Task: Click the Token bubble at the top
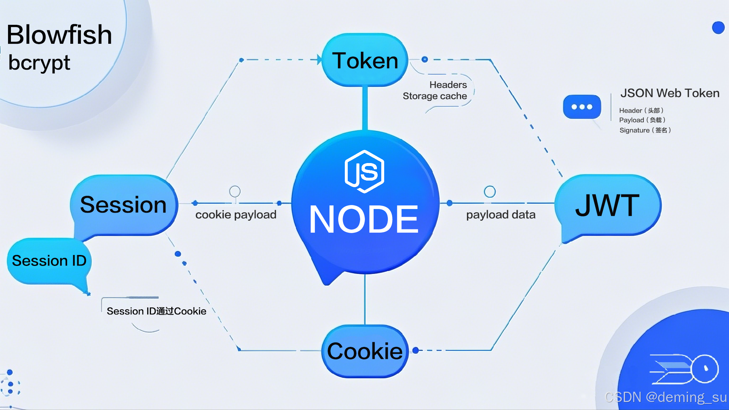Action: pyautogui.click(x=365, y=60)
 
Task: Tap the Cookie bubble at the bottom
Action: pyautogui.click(x=365, y=351)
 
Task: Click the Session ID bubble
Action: pyautogui.click(x=49, y=261)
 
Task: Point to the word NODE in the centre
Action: pyautogui.click(x=364, y=219)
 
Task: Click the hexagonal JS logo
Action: pyautogui.click(x=364, y=171)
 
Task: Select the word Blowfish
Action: pyautogui.click(x=59, y=35)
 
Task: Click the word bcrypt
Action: pyautogui.click(x=39, y=63)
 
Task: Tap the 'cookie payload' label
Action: pyautogui.click(x=236, y=215)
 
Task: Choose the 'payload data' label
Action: pyautogui.click(x=501, y=215)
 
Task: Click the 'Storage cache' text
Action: pyautogui.click(x=434, y=96)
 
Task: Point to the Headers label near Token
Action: pyautogui.click(x=448, y=85)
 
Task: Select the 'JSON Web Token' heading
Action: pyautogui.click(x=670, y=93)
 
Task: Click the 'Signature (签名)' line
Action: pyautogui.click(x=645, y=130)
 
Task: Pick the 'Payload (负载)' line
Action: pyautogui.click(x=642, y=120)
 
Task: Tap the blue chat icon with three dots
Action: pyautogui.click(x=582, y=107)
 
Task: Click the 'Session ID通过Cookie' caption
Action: pyautogui.click(x=156, y=311)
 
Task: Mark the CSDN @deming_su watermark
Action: pyautogui.click(x=666, y=397)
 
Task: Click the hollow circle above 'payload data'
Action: pyautogui.click(x=490, y=192)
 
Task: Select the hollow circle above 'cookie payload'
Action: pyautogui.click(x=235, y=191)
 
